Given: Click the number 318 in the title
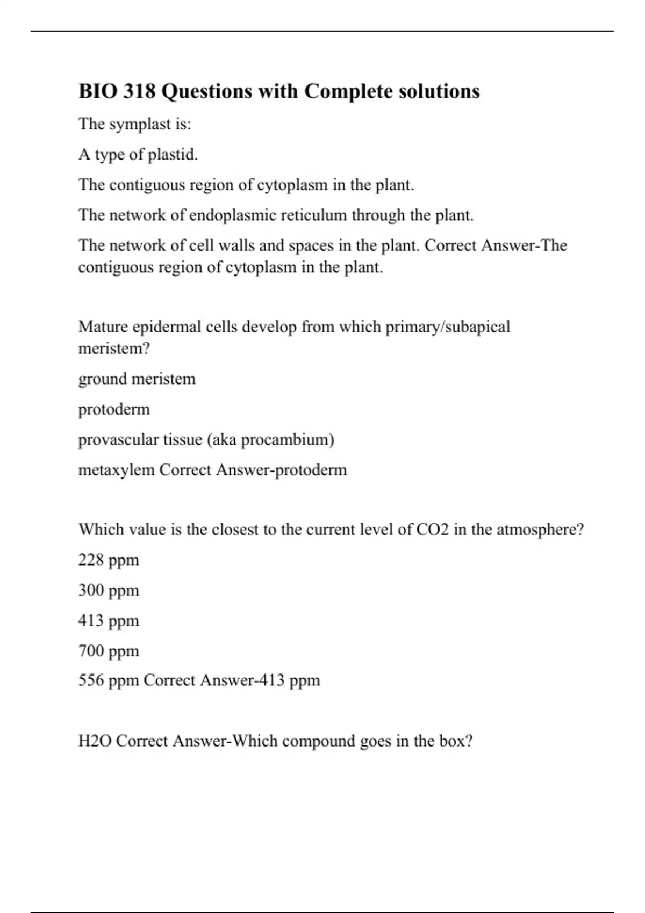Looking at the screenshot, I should [139, 91].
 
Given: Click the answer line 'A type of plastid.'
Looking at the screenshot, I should [138, 155].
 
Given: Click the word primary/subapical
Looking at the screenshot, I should [447, 327].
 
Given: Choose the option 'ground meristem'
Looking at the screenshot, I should [137, 379].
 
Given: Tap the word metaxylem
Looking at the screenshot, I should [116, 470].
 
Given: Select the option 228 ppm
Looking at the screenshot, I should [109, 560].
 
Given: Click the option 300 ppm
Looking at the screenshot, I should [109, 590].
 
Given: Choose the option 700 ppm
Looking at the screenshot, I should [109, 651].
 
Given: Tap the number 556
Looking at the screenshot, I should [91, 680].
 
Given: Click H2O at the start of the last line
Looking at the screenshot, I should [95, 741].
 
